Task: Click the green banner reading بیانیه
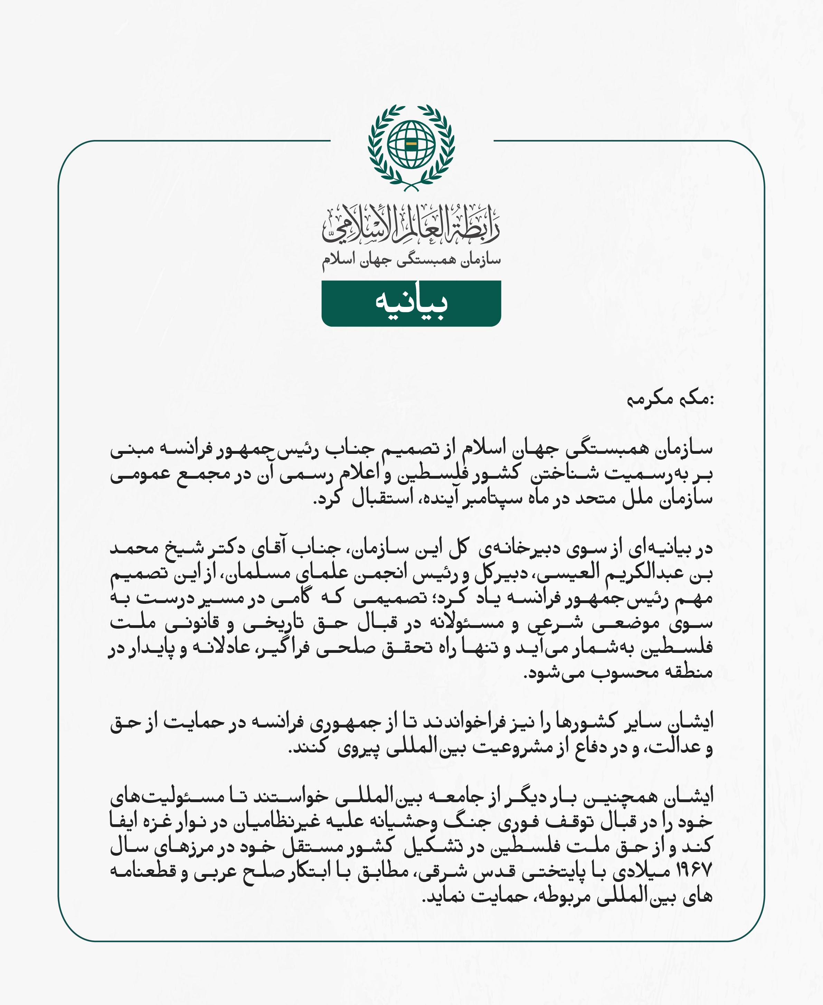[411, 303]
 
